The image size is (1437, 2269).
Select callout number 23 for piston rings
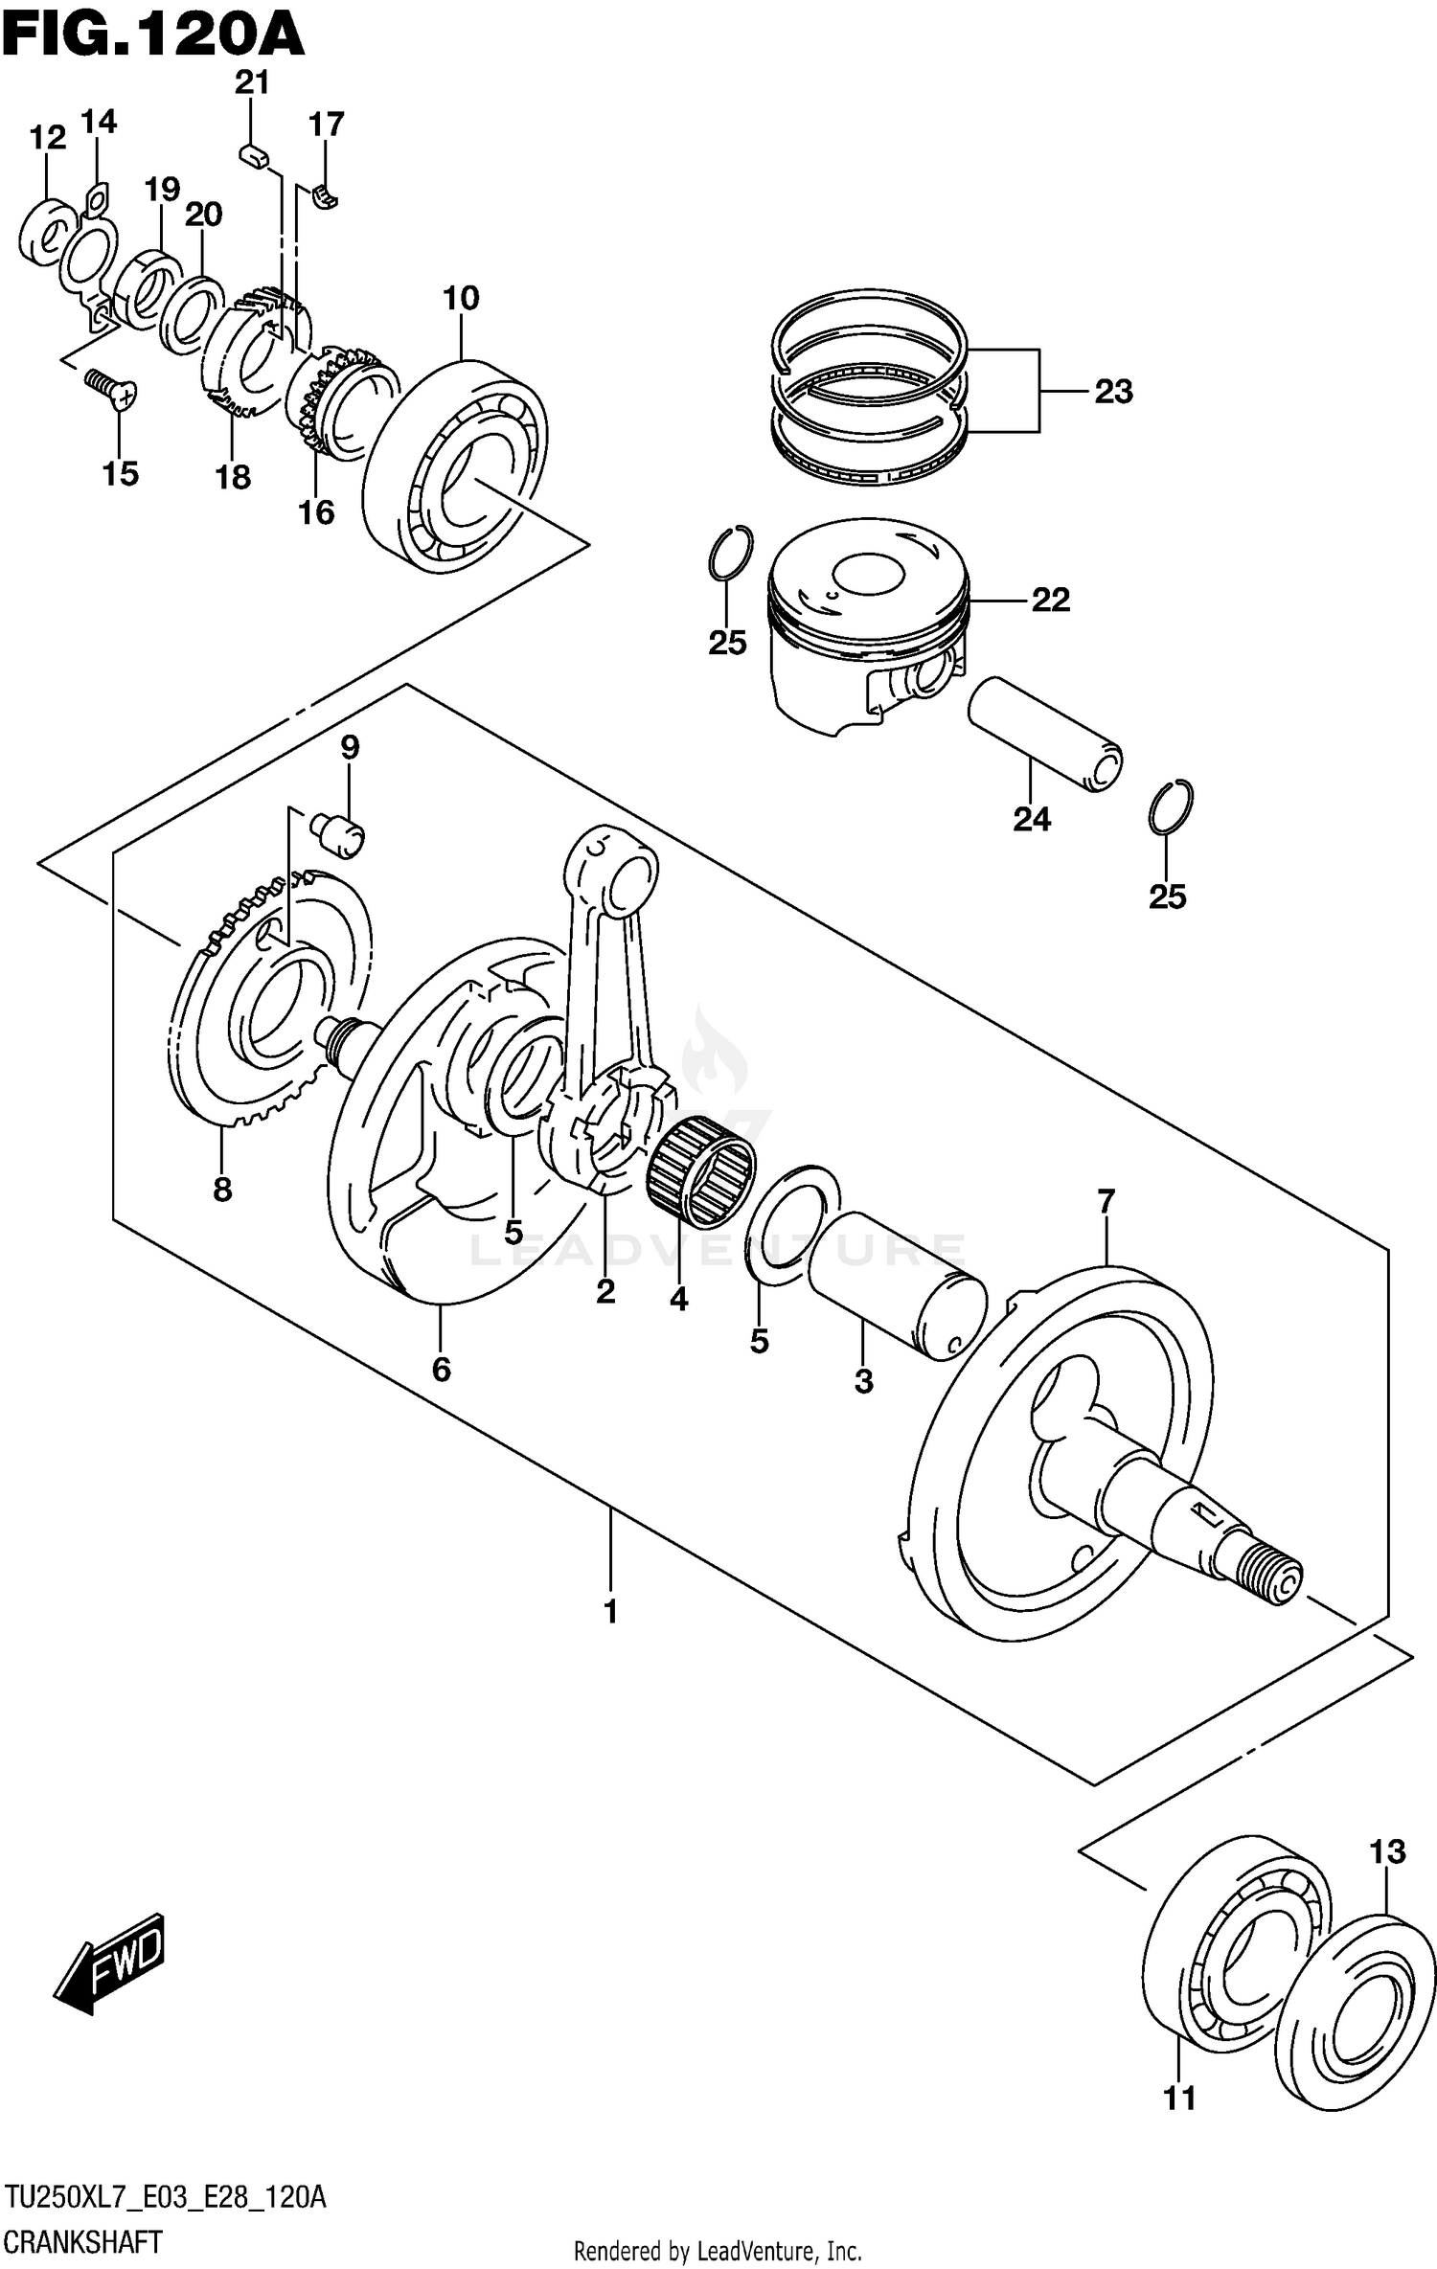pyautogui.click(x=1113, y=392)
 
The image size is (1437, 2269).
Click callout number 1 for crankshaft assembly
pyautogui.click(x=610, y=1612)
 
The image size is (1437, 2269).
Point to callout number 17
pyautogui.click(x=326, y=125)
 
